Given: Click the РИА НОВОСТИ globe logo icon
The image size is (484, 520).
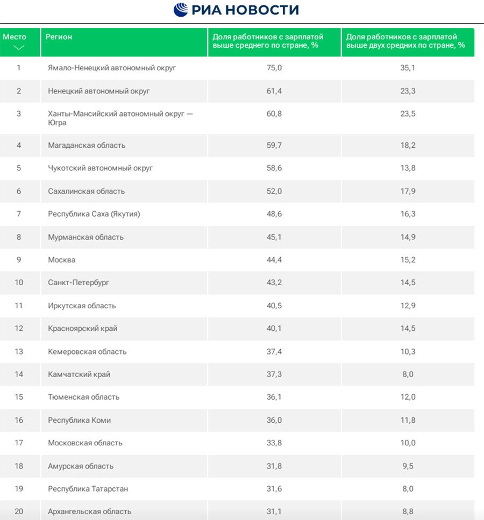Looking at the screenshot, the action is (181, 10).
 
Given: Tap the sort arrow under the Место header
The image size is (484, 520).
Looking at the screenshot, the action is (19, 47).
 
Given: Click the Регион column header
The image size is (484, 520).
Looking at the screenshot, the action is (59, 37).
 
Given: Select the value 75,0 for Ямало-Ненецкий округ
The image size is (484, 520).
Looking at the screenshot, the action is (274, 68).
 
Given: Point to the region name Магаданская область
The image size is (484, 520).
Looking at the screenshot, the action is (87, 145).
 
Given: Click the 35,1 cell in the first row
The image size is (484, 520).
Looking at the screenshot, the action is (408, 68).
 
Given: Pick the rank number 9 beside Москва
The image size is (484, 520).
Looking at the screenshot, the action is (19, 259).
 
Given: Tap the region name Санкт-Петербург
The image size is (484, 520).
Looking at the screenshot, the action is (79, 283).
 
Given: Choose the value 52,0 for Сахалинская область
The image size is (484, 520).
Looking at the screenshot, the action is (274, 191).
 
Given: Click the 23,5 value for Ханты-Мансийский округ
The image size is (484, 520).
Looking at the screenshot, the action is (408, 114).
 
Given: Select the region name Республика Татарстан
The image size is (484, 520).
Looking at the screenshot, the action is (88, 489).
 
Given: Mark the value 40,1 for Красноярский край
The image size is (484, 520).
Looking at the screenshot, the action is (274, 328).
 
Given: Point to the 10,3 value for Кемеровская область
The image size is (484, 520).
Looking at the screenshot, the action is (408, 351).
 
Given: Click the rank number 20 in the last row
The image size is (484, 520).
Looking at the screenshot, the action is (19, 511).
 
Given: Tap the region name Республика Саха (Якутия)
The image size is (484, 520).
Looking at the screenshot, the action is (94, 214).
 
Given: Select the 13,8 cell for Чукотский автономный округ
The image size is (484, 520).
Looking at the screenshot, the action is (408, 168).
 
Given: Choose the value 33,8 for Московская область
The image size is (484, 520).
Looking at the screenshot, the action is (274, 443).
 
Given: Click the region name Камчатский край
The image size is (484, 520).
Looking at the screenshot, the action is (79, 374).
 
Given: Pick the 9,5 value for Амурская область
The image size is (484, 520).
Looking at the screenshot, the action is (408, 466).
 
